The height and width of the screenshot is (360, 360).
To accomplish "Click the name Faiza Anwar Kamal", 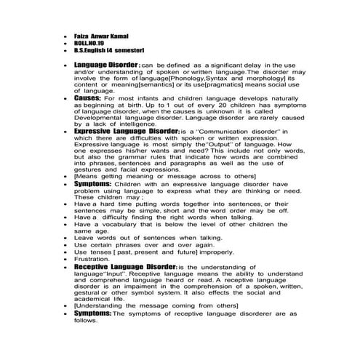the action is click(x=98, y=35).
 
